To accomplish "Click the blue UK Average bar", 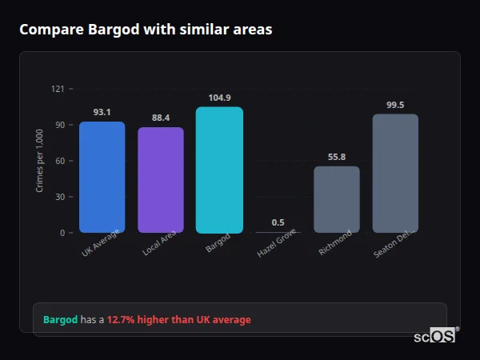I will tap(102, 177).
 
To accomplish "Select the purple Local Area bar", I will tap(161, 180).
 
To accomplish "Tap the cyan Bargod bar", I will tap(219, 170).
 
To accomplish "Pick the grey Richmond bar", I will tap(336, 199).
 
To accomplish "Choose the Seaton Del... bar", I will tap(395, 173).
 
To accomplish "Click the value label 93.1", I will tap(102, 112).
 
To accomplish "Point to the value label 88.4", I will tap(161, 118).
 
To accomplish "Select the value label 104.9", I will tap(219, 98).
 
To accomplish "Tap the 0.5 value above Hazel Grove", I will tap(278, 222).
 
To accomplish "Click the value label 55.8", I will tap(336, 157).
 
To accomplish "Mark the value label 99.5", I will tap(395, 105).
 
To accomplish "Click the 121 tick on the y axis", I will tap(58, 89).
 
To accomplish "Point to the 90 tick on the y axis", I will tap(59, 125).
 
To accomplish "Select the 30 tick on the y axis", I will tap(59, 197).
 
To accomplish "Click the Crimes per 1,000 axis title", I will tap(40, 161).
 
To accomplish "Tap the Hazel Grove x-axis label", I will tap(277, 245).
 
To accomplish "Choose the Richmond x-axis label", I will tap(335, 243).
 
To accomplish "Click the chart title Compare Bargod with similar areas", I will tap(146, 30).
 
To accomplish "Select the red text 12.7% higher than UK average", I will tap(178, 320).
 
